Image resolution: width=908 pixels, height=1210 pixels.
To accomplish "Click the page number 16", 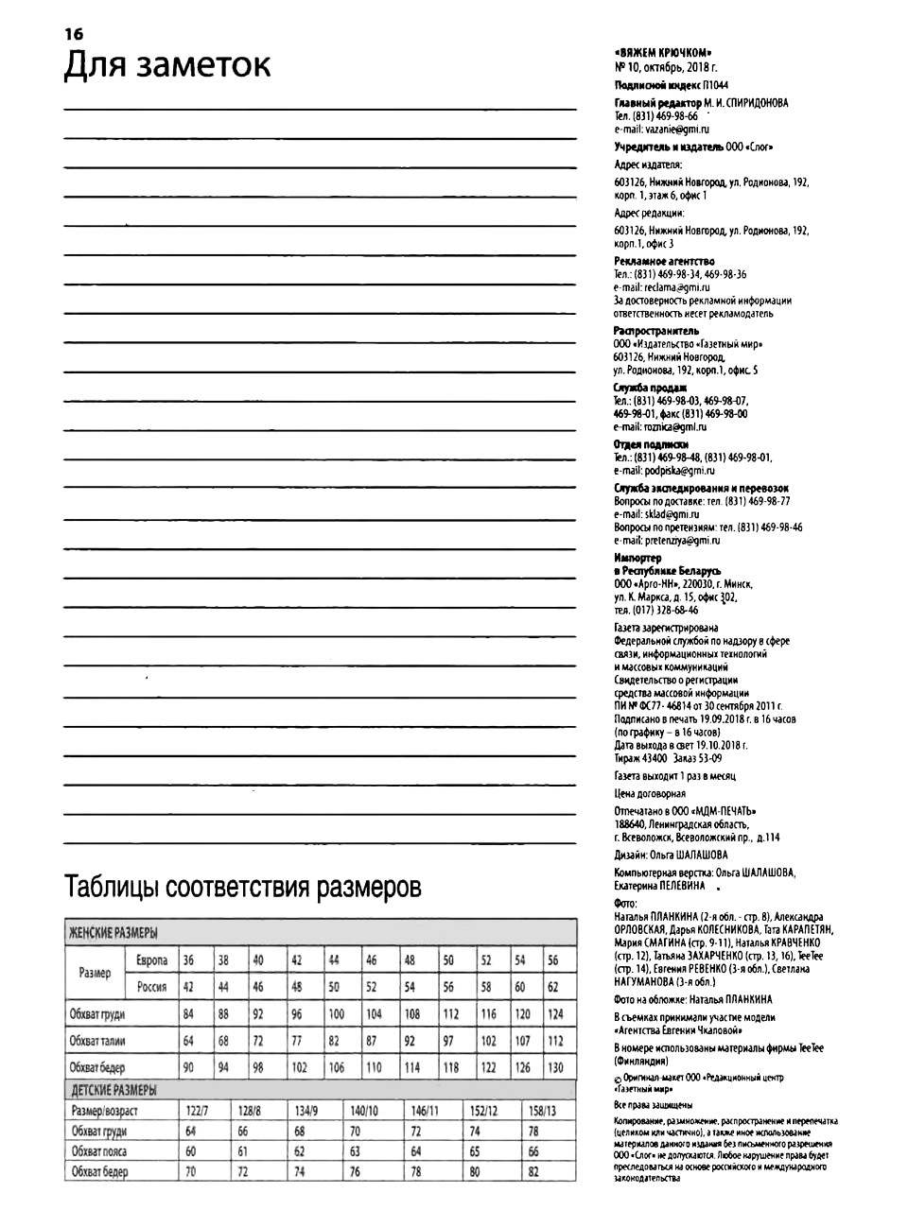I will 74,34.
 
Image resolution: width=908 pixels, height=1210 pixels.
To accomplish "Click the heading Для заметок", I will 167,65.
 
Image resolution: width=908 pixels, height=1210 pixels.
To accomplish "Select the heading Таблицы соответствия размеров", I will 243,889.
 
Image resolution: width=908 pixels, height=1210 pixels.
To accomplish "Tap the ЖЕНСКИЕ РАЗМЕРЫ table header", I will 113,933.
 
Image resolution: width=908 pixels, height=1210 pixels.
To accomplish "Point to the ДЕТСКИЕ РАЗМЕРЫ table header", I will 114,1090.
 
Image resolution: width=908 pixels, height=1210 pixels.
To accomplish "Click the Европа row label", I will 151,960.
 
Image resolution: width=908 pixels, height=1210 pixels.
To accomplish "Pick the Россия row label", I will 151,987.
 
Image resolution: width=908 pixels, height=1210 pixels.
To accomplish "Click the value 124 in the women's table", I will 555,1014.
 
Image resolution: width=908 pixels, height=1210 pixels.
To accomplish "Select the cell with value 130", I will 555,1067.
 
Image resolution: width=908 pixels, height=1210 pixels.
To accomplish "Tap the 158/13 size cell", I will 541,1111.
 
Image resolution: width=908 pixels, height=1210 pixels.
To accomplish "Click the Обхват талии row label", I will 97,1041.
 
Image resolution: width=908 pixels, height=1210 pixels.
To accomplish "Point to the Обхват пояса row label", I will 99,1151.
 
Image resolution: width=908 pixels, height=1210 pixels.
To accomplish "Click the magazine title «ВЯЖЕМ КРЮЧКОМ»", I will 663,53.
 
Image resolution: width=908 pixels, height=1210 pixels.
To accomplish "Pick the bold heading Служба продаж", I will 650,388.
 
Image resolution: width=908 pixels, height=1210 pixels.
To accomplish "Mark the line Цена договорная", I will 650,794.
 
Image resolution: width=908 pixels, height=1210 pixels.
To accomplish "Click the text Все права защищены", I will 654,1104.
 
